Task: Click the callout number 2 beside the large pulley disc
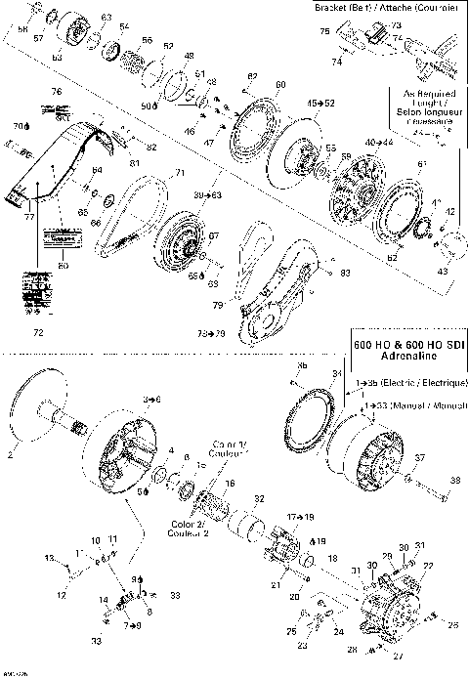tap(12, 454)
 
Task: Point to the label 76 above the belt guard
tap(57, 91)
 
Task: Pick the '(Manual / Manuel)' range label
tap(414, 403)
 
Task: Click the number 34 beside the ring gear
tap(337, 373)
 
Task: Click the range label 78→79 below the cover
tap(208, 333)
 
